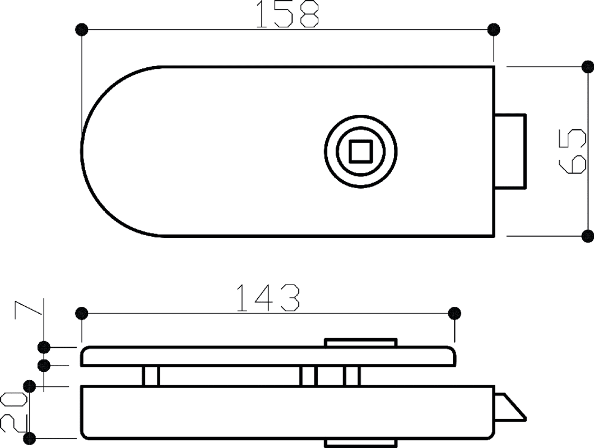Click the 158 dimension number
(x=287, y=14)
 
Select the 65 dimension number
(x=572, y=151)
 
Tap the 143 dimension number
(x=268, y=298)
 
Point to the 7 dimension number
(x=28, y=309)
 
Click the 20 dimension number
(x=14, y=413)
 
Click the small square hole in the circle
(x=361, y=151)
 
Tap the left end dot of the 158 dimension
(x=82, y=29)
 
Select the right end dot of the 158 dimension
(x=493, y=29)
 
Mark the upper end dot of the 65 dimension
(x=588, y=67)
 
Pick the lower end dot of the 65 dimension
(x=588, y=236)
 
